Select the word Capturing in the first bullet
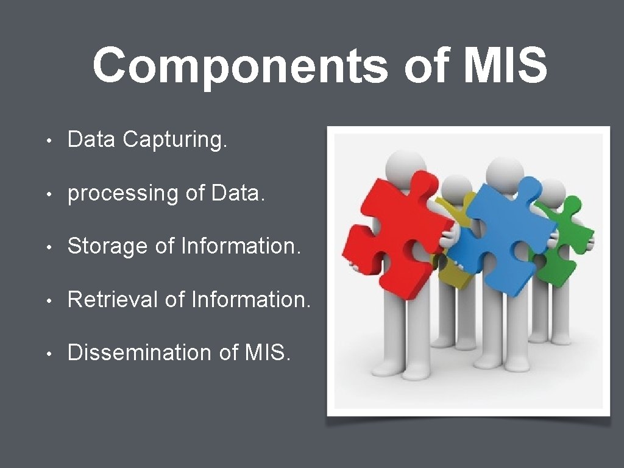click(x=175, y=140)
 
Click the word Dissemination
click(x=140, y=352)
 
